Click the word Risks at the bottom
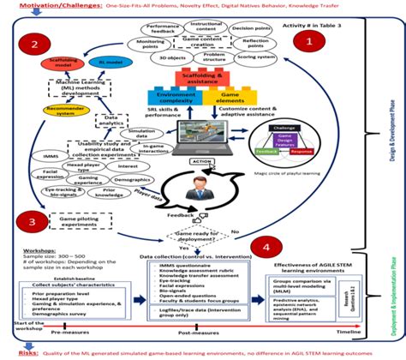[x=14, y=351]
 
